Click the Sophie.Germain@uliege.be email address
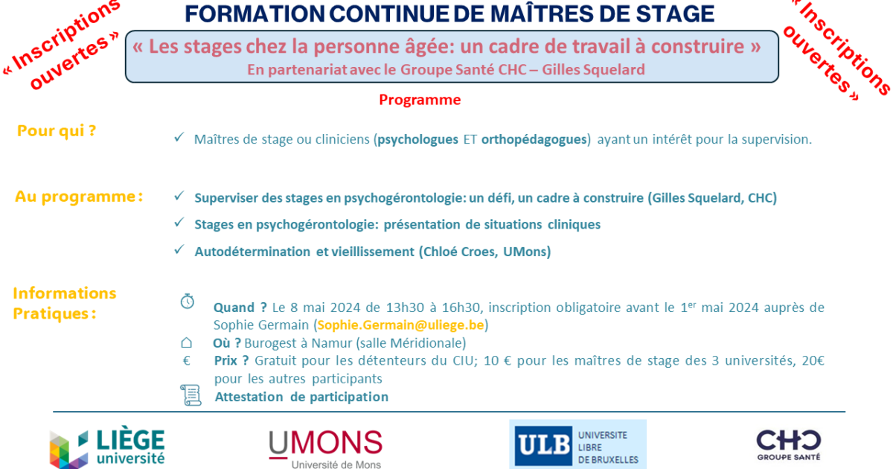pos(400,325)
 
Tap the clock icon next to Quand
pos(188,301)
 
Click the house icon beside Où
pos(187,342)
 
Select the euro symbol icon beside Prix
pos(186,360)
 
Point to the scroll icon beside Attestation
pos(191,395)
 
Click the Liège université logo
pos(107,447)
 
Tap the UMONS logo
pos(326,449)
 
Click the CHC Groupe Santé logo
pos(789,444)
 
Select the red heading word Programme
pos(420,100)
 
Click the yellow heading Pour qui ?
pos(57,131)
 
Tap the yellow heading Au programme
pos(79,197)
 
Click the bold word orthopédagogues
pos(534,139)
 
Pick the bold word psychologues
pos(417,139)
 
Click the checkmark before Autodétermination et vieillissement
pos(179,249)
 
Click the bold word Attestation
pos(249,397)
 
